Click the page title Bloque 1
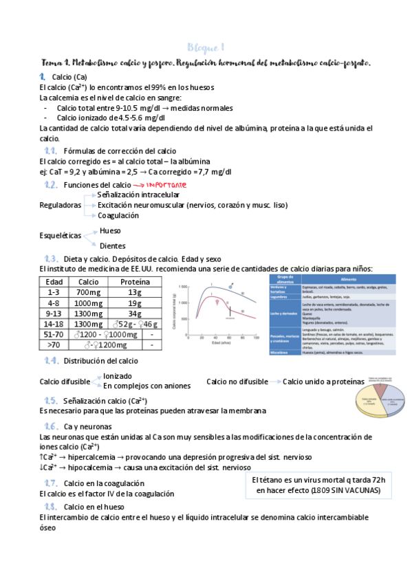[x=205, y=47]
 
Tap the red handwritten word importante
[x=165, y=186]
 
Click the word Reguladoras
[x=61, y=205]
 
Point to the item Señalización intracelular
[x=140, y=195]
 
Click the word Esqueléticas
[x=61, y=235]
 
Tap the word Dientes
[x=113, y=245]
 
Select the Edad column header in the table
[x=54, y=282]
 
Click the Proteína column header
[x=135, y=282]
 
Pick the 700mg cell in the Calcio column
[x=88, y=292]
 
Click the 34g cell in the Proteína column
[x=135, y=313]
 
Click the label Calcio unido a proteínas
[x=323, y=381]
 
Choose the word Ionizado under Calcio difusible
[x=118, y=376]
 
